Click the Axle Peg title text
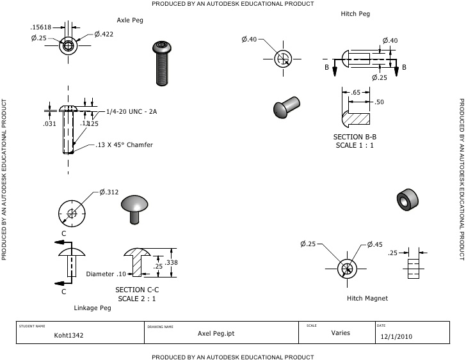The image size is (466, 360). [x=130, y=20]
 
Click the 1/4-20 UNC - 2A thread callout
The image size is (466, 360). [x=131, y=111]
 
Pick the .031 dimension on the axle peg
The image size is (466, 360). [x=49, y=123]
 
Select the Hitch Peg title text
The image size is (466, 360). [x=356, y=14]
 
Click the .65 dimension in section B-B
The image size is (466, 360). [x=356, y=93]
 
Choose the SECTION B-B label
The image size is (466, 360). [x=355, y=137]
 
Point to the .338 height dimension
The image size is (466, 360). [x=172, y=263]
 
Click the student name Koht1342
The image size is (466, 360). [x=68, y=334]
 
